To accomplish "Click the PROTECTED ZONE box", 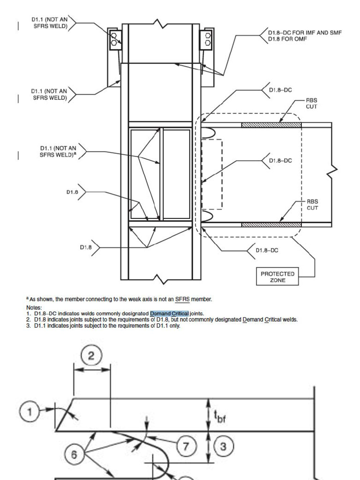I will click(277, 277).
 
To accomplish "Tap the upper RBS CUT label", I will click(312, 103).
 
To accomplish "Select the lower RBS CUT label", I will click(312, 205).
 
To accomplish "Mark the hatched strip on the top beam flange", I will click(271, 125).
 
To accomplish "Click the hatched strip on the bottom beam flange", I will click(271, 225).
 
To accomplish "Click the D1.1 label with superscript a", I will click(59, 151).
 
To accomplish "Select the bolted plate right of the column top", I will click(206, 40).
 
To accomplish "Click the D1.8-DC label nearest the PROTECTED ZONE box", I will click(267, 250).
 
